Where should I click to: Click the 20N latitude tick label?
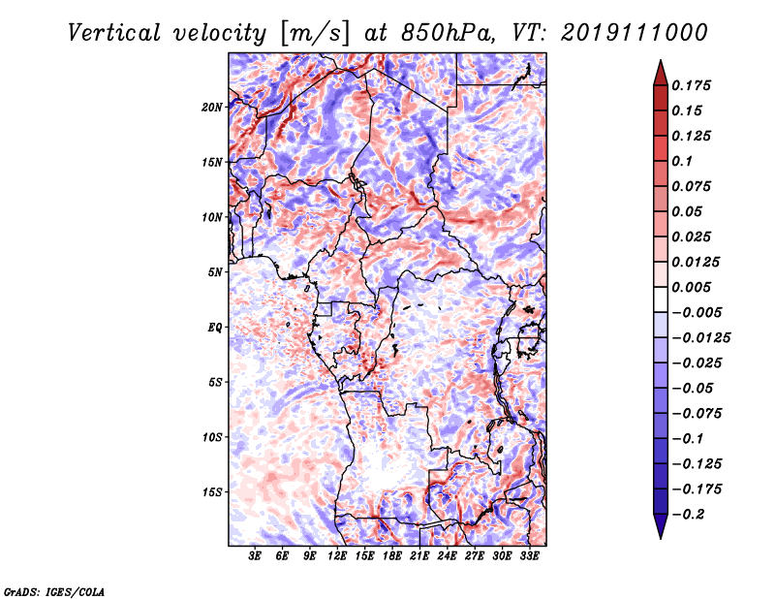pos(211,108)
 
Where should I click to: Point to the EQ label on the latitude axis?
pos(215,328)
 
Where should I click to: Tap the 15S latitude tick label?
pos(211,492)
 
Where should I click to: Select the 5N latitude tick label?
pos(215,272)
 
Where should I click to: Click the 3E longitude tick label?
pos(255,555)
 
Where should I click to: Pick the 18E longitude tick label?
pos(392,555)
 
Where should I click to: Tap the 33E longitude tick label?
pos(529,555)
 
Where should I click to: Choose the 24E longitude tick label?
pos(447,555)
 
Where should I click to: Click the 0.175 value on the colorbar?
pos(691,85)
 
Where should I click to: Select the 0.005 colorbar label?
pos(691,287)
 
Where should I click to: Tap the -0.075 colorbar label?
pos(697,414)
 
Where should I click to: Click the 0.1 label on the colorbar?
pos(682,161)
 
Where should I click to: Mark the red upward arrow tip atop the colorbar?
pos(661,61)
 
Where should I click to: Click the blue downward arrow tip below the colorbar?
pos(661,538)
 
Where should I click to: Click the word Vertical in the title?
pos(114,33)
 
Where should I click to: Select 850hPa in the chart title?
pos(448,33)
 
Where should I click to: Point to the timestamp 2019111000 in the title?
pos(635,33)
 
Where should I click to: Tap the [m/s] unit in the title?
pos(315,34)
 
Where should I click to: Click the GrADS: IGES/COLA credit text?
pos(54,592)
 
